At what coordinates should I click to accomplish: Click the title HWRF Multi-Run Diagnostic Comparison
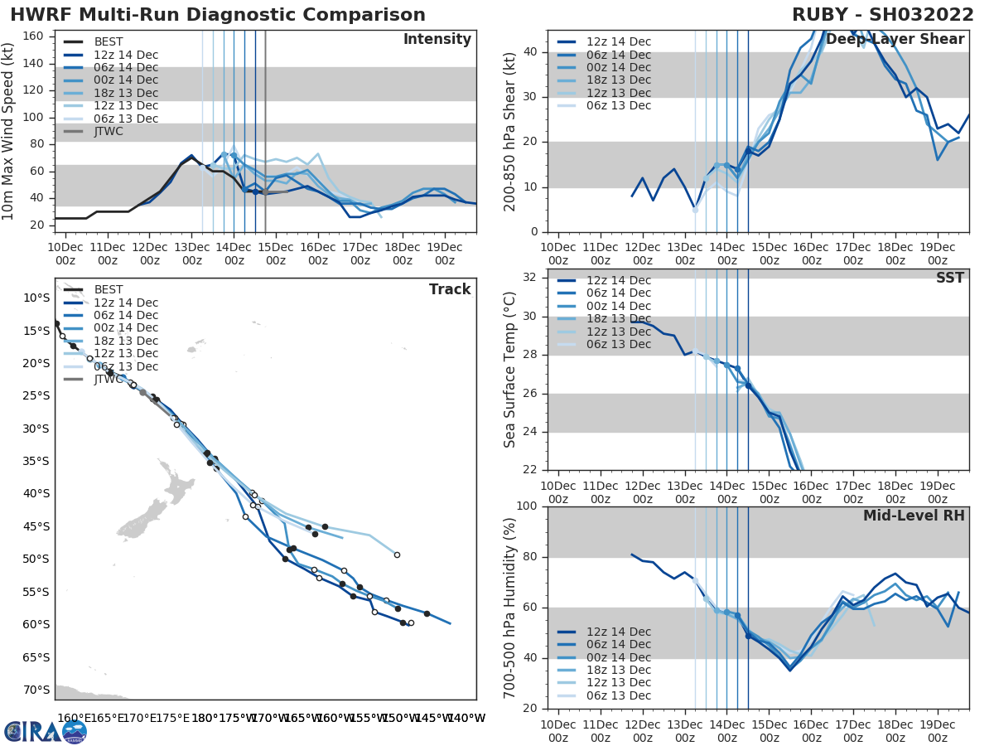pyautogui.click(x=218, y=15)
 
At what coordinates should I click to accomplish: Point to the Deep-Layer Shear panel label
pyautogui.click(x=895, y=40)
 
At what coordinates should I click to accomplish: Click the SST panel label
pyautogui.click(x=950, y=278)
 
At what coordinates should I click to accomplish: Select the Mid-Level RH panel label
pyautogui.click(x=914, y=516)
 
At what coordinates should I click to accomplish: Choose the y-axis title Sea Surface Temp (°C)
pyautogui.click(x=510, y=370)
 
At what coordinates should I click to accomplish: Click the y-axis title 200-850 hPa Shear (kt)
pyautogui.click(x=510, y=132)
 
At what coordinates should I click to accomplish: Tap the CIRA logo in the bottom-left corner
pyautogui.click(x=45, y=731)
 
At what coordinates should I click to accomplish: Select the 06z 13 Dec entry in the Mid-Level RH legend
pyautogui.click(x=618, y=695)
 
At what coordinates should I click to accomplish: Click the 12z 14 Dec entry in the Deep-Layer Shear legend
pyautogui.click(x=618, y=41)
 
